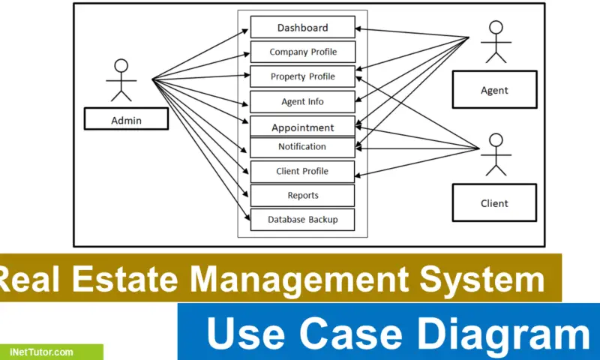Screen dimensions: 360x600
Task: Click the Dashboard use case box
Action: [302, 28]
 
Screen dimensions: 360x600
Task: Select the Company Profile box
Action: [302, 52]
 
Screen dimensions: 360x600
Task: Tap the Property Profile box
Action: [302, 76]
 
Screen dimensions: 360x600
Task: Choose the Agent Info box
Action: [302, 101]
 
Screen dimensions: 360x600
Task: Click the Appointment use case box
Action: [302, 127]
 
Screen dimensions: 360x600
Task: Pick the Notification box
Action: [302, 147]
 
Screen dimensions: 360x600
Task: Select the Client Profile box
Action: [302, 171]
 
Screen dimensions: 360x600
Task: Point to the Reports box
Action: [302, 195]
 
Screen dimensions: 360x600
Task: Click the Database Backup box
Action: [302, 219]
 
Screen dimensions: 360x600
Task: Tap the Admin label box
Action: [126, 118]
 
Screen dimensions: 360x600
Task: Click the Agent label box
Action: [494, 90]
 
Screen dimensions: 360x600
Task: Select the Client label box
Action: [494, 202]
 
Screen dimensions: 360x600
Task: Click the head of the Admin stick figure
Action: [121, 65]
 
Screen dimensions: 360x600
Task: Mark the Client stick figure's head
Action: [495, 139]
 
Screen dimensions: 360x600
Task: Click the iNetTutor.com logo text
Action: [42, 352]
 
